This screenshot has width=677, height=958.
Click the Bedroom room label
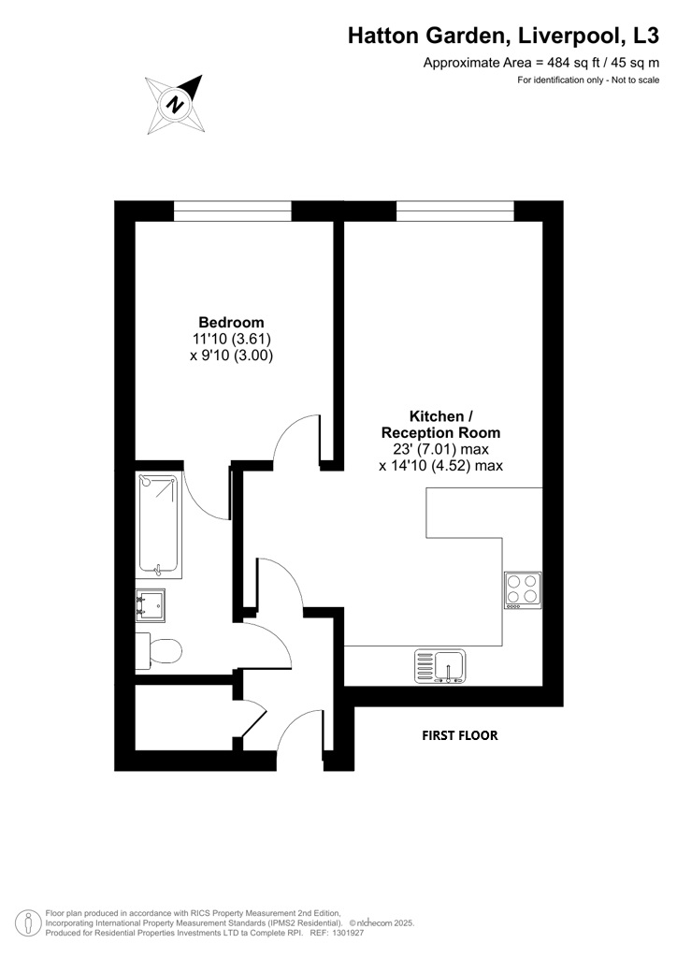pos(231,322)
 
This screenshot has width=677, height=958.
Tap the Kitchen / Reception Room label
pos(440,425)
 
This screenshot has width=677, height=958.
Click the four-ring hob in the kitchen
pos(523,590)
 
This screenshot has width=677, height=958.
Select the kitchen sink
pos(439,666)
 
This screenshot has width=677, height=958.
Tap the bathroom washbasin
pos(151,605)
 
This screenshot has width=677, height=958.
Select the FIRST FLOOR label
pos(460,735)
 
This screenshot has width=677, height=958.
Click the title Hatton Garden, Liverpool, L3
pos(504,36)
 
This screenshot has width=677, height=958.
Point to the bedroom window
pos(233,210)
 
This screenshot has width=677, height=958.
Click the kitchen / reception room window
pos(455,210)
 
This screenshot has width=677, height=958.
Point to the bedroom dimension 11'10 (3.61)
pos(231,339)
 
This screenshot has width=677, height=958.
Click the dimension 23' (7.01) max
pos(441,450)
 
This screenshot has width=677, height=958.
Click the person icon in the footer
pos(24,923)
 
